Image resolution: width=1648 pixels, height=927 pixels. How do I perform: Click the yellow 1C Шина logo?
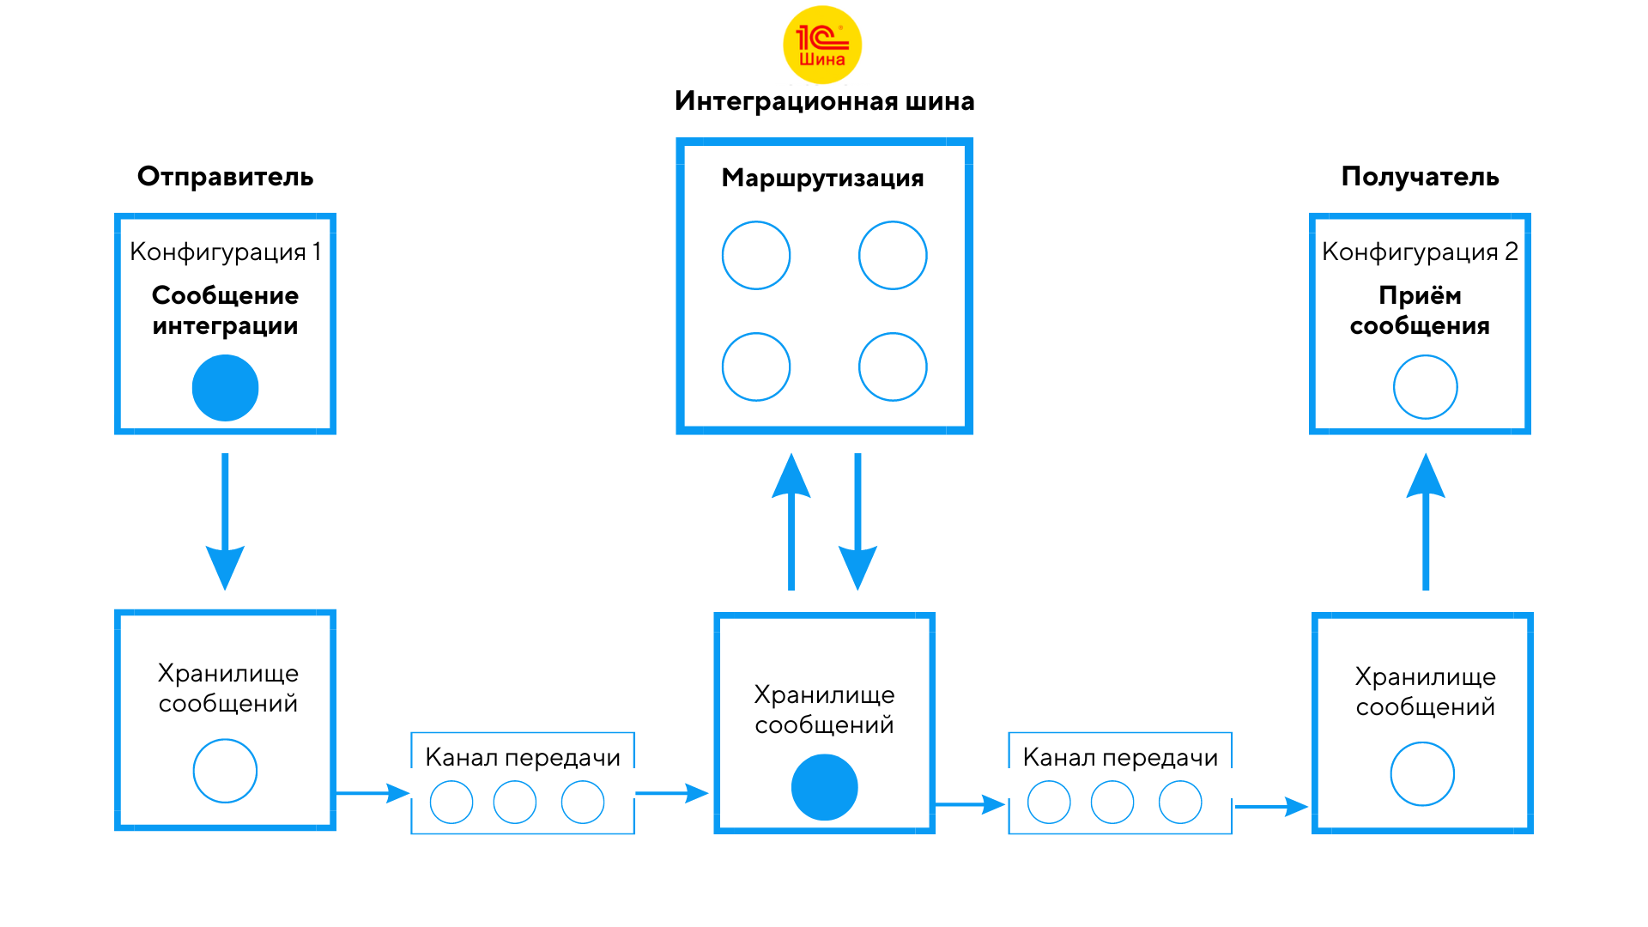click(x=822, y=45)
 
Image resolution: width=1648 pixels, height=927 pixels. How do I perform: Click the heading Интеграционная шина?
click(x=824, y=101)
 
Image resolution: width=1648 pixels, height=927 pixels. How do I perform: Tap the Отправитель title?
click(x=225, y=177)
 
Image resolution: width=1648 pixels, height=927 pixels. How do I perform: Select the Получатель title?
click(x=1420, y=177)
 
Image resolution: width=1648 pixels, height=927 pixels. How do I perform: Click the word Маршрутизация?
click(x=822, y=179)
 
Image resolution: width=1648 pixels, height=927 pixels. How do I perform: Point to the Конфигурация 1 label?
click(x=225, y=251)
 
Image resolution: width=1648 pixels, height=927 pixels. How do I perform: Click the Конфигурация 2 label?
click(x=1420, y=251)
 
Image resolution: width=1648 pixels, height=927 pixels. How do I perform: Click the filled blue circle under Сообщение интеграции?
click(x=225, y=388)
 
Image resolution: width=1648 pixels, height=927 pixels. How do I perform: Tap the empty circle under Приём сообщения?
click(x=1425, y=387)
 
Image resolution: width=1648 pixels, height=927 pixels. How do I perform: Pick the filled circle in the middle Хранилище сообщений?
click(x=824, y=787)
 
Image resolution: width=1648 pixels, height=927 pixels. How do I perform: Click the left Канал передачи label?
click(x=522, y=757)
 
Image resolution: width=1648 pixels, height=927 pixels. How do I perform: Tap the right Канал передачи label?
click(x=1120, y=757)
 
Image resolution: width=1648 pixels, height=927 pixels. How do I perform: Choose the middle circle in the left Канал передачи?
click(x=515, y=802)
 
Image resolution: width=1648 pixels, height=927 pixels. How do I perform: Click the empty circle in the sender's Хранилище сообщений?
click(x=225, y=771)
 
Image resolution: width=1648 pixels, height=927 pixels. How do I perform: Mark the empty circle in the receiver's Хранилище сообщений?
click(x=1422, y=773)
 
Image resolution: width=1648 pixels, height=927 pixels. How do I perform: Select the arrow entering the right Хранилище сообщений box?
click(x=1271, y=807)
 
